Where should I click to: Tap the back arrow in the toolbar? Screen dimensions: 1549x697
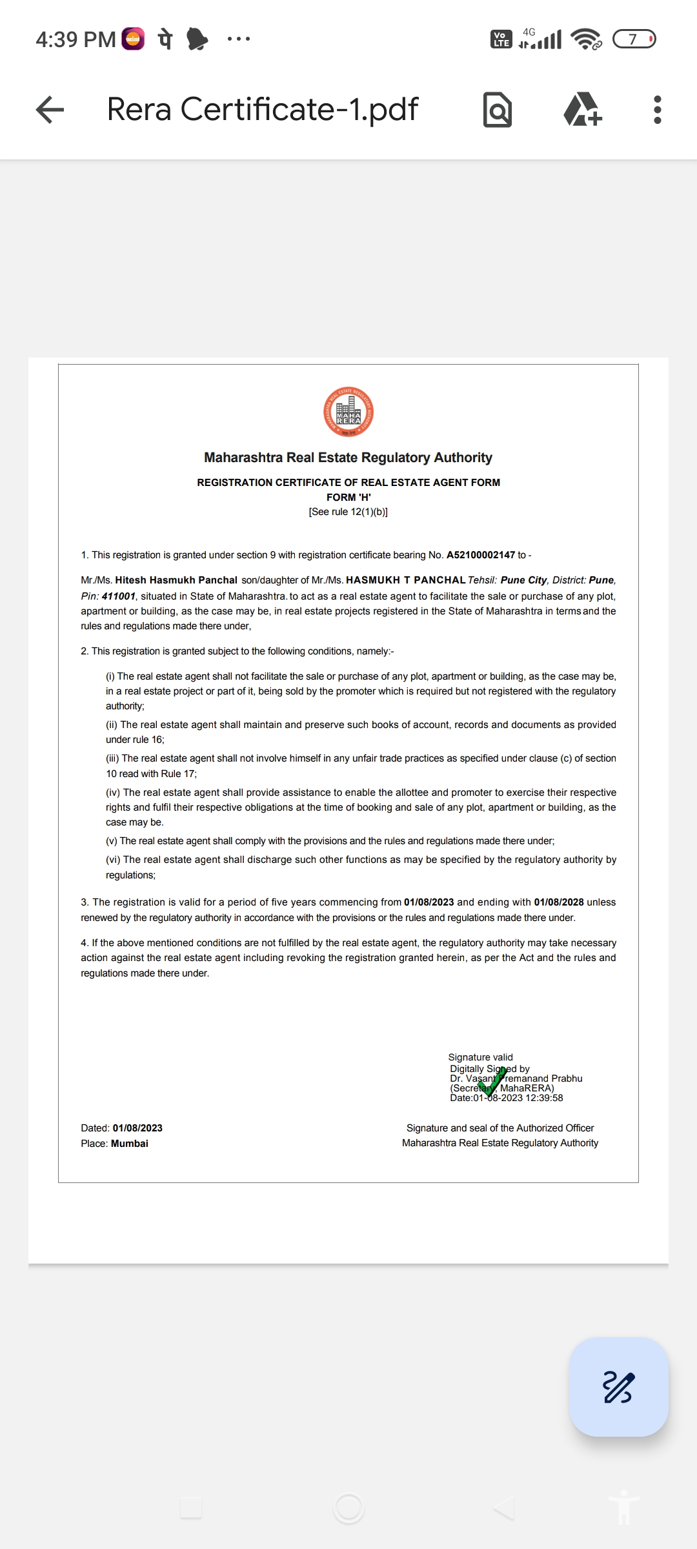tap(50, 110)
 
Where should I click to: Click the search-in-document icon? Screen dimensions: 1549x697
tap(498, 110)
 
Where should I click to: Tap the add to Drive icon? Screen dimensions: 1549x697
tap(582, 110)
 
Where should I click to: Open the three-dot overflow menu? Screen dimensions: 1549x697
tap(657, 110)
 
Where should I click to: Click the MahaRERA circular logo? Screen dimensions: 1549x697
tap(348, 412)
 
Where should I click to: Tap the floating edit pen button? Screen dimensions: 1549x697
tap(618, 1387)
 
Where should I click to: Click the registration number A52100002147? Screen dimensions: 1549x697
tap(481, 555)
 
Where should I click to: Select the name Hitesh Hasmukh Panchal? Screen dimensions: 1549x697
tap(176, 580)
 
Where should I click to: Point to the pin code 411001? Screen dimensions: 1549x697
tap(118, 596)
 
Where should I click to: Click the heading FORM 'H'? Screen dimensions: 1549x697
tap(348, 497)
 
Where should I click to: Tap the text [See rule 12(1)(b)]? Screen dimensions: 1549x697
tap(348, 512)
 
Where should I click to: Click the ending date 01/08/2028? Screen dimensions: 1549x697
tap(559, 902)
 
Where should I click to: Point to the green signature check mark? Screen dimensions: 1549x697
tap(492, 1082)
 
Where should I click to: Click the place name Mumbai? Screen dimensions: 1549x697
tap(130, 1144)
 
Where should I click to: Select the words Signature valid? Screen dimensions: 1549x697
tap(481, 1057)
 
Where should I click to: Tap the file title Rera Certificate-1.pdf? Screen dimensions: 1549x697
tap(263, 110)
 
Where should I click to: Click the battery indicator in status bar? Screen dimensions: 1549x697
tap(634, 39)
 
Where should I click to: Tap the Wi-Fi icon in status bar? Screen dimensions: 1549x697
tap(585, 39)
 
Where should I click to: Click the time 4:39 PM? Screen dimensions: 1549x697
tap(76, 39)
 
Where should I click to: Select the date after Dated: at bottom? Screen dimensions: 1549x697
tap(137, 1128)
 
